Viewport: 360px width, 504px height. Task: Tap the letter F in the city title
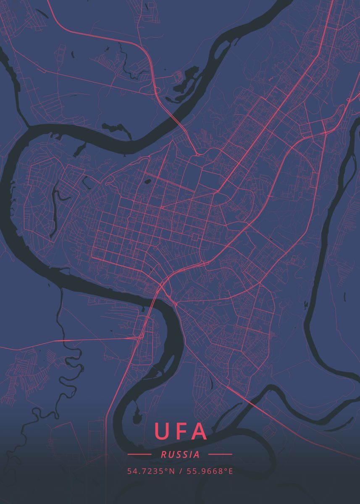pyautogui.click(x=180, y=431)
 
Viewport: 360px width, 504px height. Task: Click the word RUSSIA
pyautogui.click(x=180, y=454)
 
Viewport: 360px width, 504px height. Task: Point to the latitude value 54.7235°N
pyautogui.click(x=151, y=471)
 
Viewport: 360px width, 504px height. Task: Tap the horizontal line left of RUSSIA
pyautogui.click(x=139, y=454)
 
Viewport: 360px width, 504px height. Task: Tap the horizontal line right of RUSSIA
pyautogui.click(x=220, y=454)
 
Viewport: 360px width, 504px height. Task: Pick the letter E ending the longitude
pyautogui.click(x=230, y=471)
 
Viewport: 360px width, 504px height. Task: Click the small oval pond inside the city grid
pyautogui.click(x=148, y=182)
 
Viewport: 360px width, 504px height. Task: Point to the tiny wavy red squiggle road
pyautogui.click(x=270, y=79)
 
